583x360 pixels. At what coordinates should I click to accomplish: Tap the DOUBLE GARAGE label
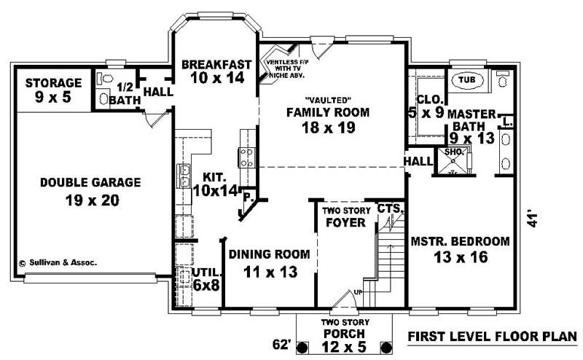tap(80, 190)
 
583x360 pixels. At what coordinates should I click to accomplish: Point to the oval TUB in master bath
tap(464, 79)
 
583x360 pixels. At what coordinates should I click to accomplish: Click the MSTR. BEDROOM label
tap(460, 249)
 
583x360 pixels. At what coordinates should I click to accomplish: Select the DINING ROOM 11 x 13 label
tap(270, 262)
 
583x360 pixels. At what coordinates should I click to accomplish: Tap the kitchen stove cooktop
tap(245, 156)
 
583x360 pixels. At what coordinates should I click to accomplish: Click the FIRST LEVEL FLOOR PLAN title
tap(492, 337)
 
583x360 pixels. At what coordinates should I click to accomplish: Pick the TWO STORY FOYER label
tap(345, 216)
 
